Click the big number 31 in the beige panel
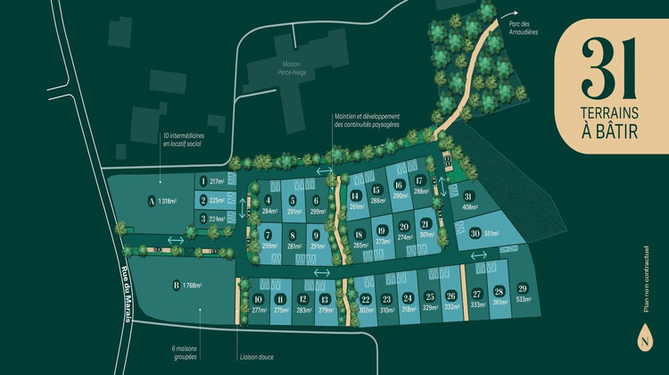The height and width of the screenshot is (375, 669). (x=612, y=69)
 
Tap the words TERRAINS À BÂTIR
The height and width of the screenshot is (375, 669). (x=612, y=124)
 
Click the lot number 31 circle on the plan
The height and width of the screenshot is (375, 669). (x=467, y=197)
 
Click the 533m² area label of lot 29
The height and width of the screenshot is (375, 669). (x=523, y=300)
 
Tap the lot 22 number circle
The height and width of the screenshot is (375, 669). (x=366, y=299)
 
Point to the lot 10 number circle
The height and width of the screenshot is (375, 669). (x=259, y=299)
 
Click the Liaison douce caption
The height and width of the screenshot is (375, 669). (x=256, y=357)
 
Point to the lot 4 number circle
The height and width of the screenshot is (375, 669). (x=268, y=200)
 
